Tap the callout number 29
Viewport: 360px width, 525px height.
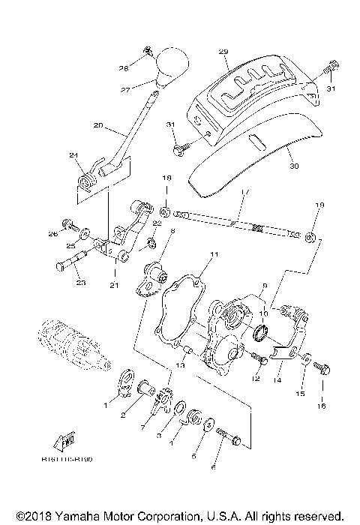pyautogui.click(x=223, y=51)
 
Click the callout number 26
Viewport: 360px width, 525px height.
pyautogui.click(x=53, y=233)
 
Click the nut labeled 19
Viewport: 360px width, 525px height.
pyautogui.click(x=308, y=238)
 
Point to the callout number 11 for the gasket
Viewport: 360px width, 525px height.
pyautogui.click(x=214, y=256)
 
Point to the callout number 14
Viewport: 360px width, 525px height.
pyautogui.click(x=279, y=380)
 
